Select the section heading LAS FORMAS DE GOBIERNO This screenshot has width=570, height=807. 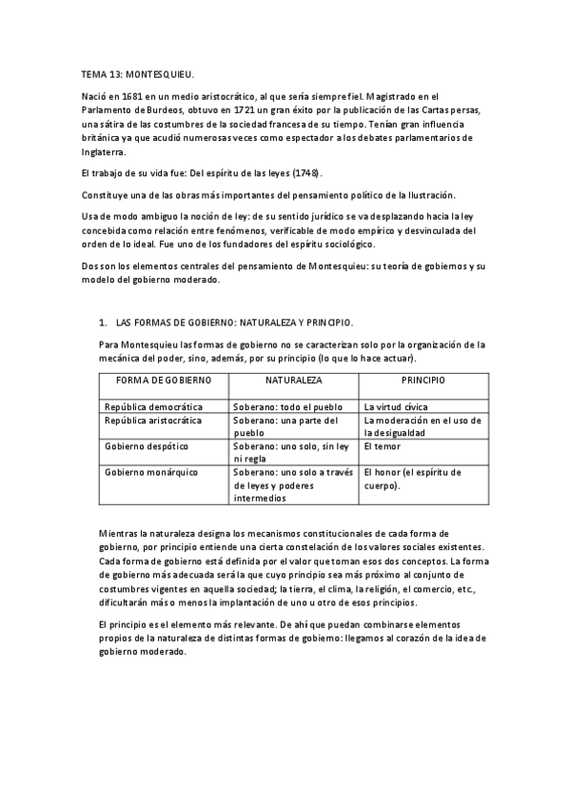pyautogui.click(x=231, y=324)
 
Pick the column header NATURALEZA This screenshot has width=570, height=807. pyautogui.click(x=293, y=380)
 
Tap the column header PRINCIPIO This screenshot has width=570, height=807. pyautogui.click(x=423, y=380)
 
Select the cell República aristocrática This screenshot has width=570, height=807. pyautogui.click(x=153, y=420)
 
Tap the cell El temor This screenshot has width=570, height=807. pyautogui.click(x=382, y=445)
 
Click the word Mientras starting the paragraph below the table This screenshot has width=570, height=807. pyautogui.click(x=122, y=533)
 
